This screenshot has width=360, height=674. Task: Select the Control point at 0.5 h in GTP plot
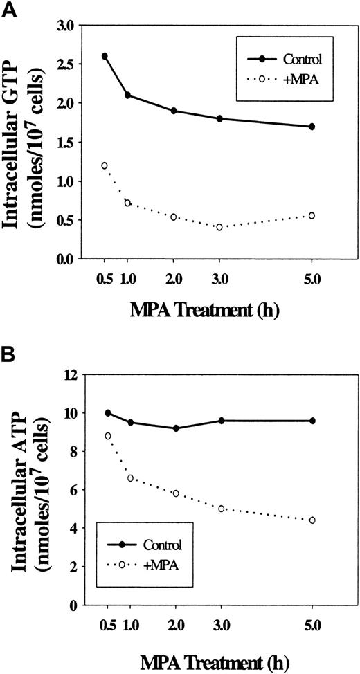pyautogui.click(x=105, y=56)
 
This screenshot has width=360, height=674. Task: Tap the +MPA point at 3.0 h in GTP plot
pyautogui.click(x=219, y=227)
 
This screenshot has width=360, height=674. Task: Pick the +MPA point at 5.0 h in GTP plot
pyautogui.click(x=312, y=215)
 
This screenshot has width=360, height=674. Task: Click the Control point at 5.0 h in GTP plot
pyautogui.click(x=312, y=127)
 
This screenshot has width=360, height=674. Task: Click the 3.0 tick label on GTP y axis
pyautogui.click(x=64, y=25)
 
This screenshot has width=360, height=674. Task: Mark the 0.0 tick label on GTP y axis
pyautogui.click(x=64, y=259)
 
